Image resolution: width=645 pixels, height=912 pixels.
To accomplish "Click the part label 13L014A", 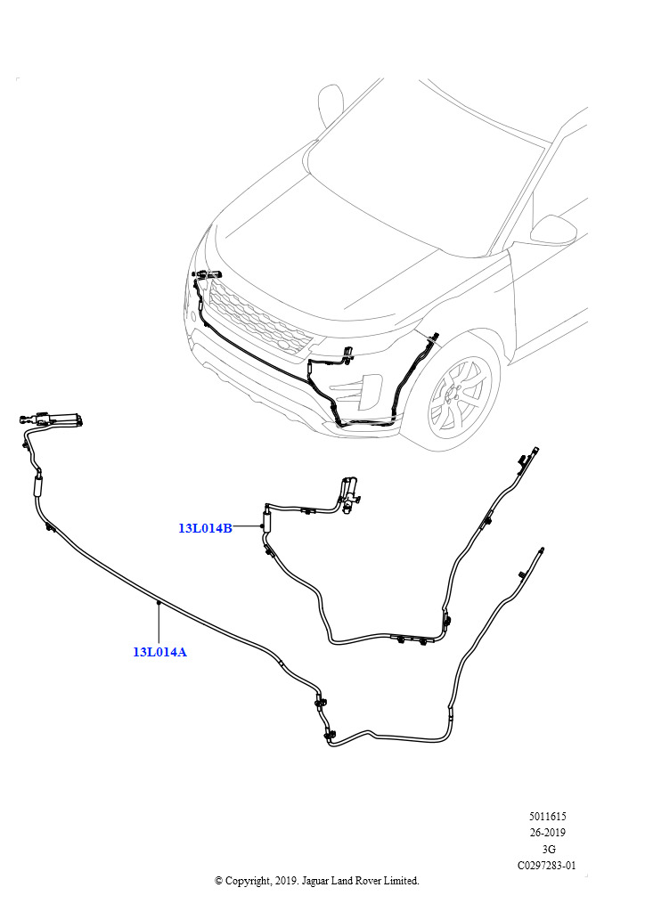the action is pos(160,651).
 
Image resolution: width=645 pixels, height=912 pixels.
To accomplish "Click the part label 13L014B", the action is pos(205,528).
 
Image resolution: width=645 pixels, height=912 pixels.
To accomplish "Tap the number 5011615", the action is pos(547,817).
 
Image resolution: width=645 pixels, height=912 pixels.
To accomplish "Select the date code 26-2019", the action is pos(547,833).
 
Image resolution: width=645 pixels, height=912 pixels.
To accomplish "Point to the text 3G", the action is pos(548,849).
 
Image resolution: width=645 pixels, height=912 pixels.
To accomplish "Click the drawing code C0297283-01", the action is pos(547,866).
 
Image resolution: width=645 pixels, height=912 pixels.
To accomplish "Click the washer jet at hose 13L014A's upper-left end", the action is pos(53,419).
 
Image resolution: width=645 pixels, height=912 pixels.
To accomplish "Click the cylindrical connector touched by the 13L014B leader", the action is pos(267,518).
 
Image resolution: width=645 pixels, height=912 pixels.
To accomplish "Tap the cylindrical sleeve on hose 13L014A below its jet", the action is pos(37,485).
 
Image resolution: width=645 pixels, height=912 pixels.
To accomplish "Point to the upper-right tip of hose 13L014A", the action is pos(542,549).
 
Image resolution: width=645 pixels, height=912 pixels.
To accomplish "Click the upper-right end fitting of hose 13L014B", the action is pos(534,452).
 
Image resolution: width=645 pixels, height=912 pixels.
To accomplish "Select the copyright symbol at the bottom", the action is pos(218,881).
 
